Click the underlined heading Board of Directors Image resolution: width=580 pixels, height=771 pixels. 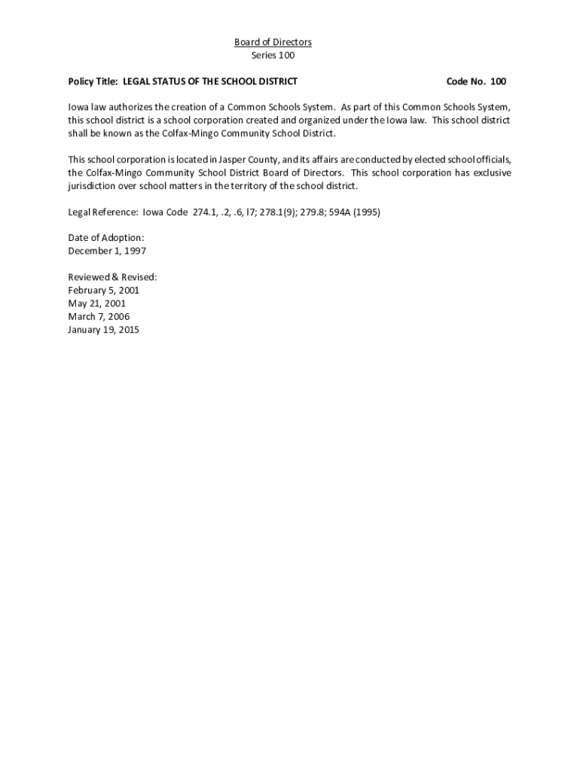[x=273, y=42]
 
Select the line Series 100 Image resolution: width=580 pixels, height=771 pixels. [x=273, y=56]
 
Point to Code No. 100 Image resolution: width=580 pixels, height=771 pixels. [x=476, y=81]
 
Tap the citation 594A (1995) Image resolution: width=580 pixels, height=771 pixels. [x=353, y=212]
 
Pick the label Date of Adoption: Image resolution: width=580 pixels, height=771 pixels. [x=106, y=238]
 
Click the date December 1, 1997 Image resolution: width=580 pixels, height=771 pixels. [x=107, y=251]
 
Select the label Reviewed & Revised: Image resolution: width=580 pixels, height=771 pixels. [x=112, y=277]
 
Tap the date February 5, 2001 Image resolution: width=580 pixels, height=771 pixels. [x=103, y=290]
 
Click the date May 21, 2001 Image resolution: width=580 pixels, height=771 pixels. [x=96, y=303]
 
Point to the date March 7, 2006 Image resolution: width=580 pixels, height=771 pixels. [x=98, y=317]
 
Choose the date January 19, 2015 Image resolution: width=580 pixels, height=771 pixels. [x=103, y=330]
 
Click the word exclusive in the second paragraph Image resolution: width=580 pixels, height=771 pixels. [x=490, y=173]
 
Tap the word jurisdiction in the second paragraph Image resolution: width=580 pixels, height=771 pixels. [x=93, y=186]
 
